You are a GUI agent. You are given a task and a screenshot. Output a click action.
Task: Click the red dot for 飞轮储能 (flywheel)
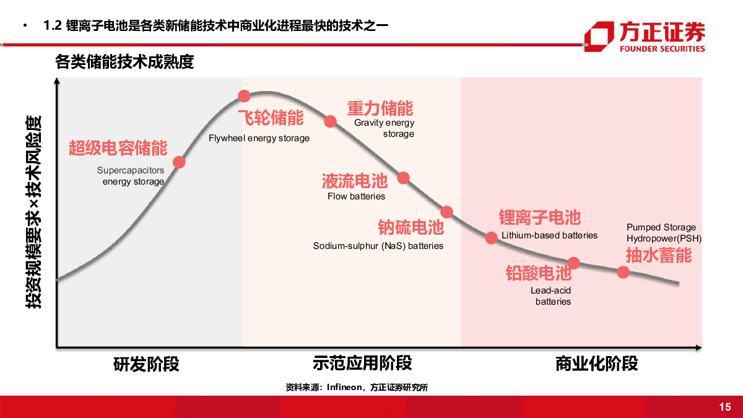(244, 96)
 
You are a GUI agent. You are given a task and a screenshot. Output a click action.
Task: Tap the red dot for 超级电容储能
(179, 162)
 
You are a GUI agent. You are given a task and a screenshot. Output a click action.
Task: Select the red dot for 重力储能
(330, 121)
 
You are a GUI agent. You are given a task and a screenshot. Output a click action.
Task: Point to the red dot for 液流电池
(403, 178)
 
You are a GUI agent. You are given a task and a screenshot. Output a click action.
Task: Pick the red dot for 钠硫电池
(447, 212)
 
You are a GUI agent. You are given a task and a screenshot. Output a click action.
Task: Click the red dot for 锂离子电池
(491, 237)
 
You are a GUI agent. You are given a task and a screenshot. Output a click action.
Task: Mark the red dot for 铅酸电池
(573, 263)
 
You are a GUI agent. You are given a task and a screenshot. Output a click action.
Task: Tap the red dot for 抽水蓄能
(623, 272)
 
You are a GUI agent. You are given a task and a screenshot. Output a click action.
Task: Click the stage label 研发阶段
(146, 364)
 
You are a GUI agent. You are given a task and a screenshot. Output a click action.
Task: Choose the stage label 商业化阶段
(596, 364)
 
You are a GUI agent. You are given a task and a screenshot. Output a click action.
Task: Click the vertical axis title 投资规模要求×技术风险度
(33, 211)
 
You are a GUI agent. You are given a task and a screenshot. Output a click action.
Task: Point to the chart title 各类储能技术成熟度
(124, 62)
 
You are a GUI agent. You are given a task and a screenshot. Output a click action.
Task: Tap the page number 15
(725, 407)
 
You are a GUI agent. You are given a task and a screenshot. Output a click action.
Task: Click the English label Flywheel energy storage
(259, 138)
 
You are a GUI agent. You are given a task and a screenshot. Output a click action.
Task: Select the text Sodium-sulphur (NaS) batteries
(378, 246)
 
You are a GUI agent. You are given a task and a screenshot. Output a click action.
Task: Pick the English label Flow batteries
(356, 196)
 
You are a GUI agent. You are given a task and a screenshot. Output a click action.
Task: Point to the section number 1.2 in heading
(54, 25)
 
